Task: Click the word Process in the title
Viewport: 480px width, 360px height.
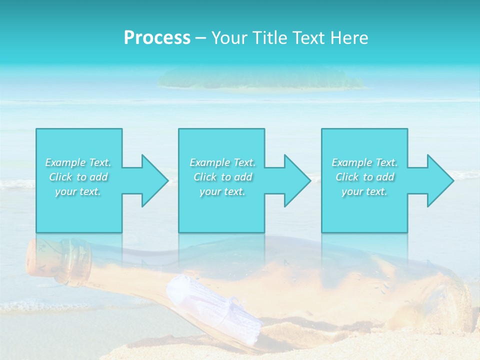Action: [x=157, y=38]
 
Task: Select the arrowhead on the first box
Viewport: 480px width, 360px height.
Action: [x=150, y=180]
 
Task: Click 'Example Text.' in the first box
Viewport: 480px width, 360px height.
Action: [x=78, y=162]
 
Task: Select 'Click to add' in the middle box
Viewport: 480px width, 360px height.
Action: [x=222, y=177]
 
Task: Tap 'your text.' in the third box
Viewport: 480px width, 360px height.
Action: [x=364, y=191]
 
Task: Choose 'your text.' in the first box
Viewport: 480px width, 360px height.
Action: [x=78, y=191]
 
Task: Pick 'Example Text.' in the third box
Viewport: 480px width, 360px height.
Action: [x=364, y=162]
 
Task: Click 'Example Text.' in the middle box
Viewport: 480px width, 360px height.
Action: [x=222, y=162]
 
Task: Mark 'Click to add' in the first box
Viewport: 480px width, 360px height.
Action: [x=78, y=177]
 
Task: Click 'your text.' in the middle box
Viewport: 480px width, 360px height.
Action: [x=222, y=191]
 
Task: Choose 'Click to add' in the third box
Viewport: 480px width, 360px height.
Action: [x=364, y=177]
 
